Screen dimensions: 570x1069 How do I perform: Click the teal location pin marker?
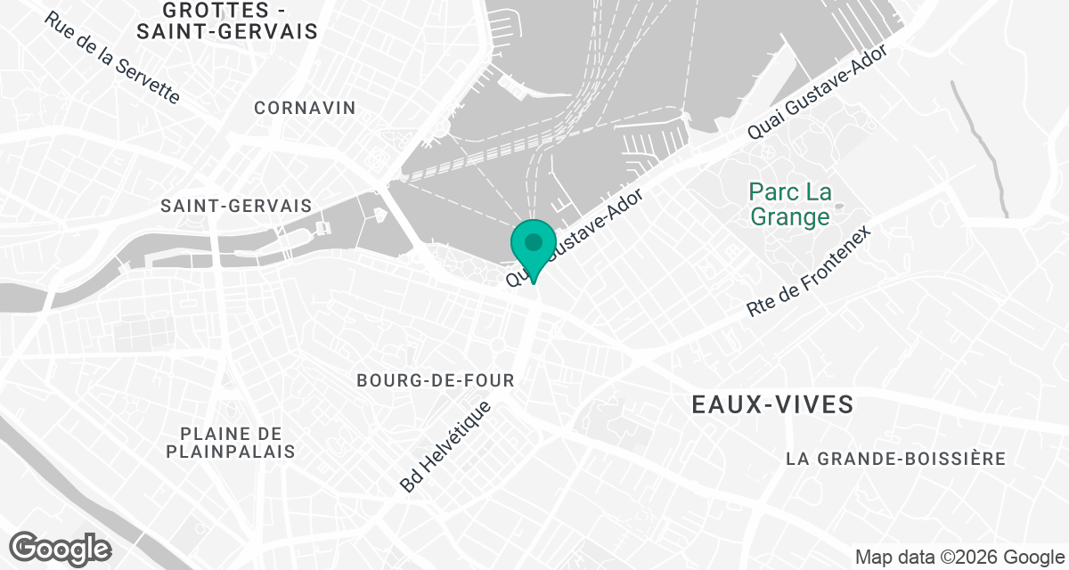534,250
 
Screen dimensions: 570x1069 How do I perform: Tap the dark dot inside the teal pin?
534,241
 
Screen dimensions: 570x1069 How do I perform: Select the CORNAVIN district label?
305,108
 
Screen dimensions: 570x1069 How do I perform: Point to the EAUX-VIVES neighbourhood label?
772,405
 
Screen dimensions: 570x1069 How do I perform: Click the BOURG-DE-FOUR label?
436,380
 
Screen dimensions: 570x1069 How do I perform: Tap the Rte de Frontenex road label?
808,271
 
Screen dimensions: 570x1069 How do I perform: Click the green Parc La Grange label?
789,204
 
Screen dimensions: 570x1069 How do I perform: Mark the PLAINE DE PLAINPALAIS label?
231,443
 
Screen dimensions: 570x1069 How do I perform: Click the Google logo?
61,548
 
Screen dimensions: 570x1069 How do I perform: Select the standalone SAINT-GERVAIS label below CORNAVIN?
236,206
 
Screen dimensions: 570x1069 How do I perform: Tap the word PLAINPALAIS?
231,452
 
